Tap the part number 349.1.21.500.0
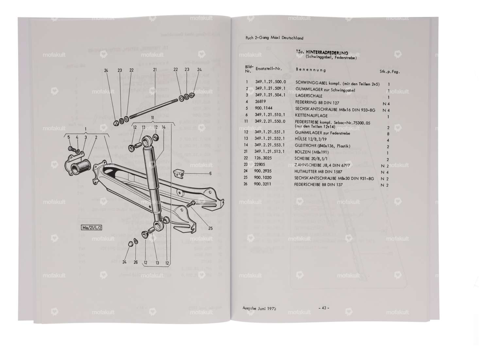[270, 82]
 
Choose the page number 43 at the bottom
[323, 308]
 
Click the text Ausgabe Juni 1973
[259, 308]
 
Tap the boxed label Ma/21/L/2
[91, 228]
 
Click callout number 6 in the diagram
[210, 174]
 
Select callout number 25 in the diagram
[210, 228]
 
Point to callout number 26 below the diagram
[135, 262]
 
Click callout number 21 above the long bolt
[155, 70]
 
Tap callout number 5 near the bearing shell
[69, 137]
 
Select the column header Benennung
[311, 70]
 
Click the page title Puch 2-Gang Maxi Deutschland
[274, 38]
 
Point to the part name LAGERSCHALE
[309, 96]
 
